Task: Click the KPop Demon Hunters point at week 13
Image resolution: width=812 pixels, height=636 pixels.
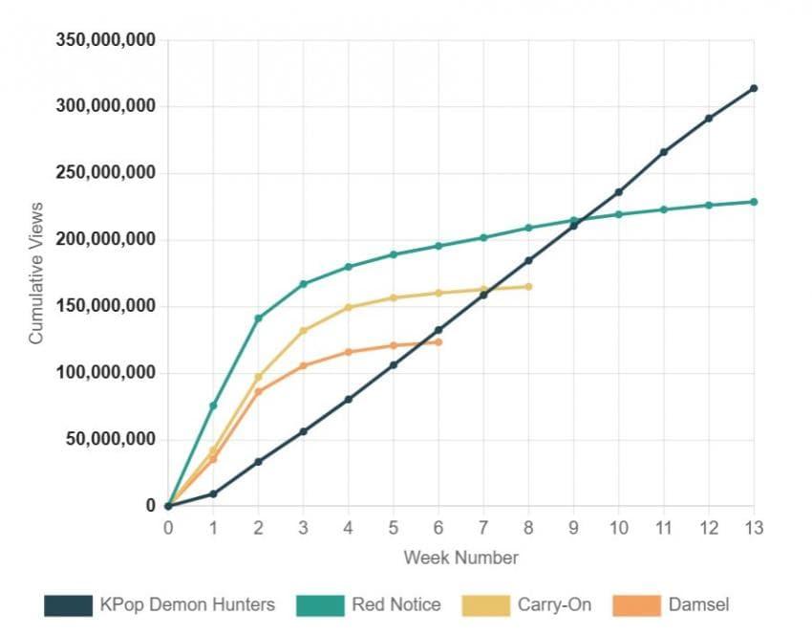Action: (x=754, y=88)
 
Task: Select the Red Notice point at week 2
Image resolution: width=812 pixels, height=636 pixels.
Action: (x=258, y=318)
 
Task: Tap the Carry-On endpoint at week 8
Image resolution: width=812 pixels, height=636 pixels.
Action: (x=528, y=286)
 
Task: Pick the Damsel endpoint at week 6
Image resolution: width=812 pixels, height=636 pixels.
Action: (x=438, y=341)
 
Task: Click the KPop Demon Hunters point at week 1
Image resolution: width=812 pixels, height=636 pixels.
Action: (x=213, y=493)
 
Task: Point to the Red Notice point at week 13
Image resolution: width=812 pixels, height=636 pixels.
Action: (x=754, y=202)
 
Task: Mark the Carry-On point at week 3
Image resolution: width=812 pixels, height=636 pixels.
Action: (x=303, y=331)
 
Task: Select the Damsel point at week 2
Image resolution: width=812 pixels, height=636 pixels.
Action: (x=258, y=391)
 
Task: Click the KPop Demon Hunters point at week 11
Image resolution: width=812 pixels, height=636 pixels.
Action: (x=663, y=151)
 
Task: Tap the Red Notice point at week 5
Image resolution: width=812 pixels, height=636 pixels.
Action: (x=394, y=254)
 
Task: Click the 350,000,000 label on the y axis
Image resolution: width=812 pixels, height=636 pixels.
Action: (x=106, y=40)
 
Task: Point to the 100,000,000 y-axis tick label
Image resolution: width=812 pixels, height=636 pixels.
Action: (x=106, y=373)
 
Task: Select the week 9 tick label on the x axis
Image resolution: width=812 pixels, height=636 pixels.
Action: (x=573, y=527)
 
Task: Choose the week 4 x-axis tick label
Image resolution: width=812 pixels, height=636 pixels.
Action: (x=349, y=527)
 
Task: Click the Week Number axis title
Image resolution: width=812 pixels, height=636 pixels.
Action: (x=460, y=557)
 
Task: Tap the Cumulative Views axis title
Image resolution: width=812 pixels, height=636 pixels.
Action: (x=36, y=273)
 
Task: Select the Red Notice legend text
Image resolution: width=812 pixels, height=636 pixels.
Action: (x=395, y=604)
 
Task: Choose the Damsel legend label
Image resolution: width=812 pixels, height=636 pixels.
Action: (x=699, y=604)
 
